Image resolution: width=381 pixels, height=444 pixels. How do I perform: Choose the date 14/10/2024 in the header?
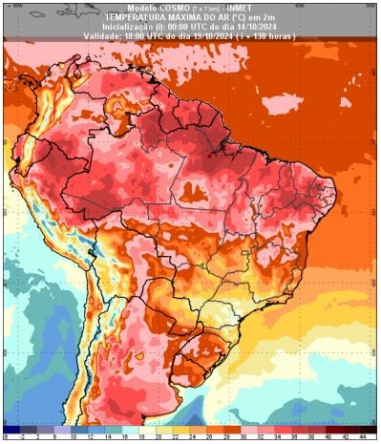point(249,26)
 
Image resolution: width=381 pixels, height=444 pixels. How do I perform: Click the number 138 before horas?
point(264,35)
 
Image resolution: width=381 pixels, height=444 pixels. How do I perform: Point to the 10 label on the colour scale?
point(72,437)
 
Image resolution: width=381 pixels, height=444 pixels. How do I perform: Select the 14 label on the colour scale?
point(107,437)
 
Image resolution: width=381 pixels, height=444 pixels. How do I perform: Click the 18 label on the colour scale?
point(142,437)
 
